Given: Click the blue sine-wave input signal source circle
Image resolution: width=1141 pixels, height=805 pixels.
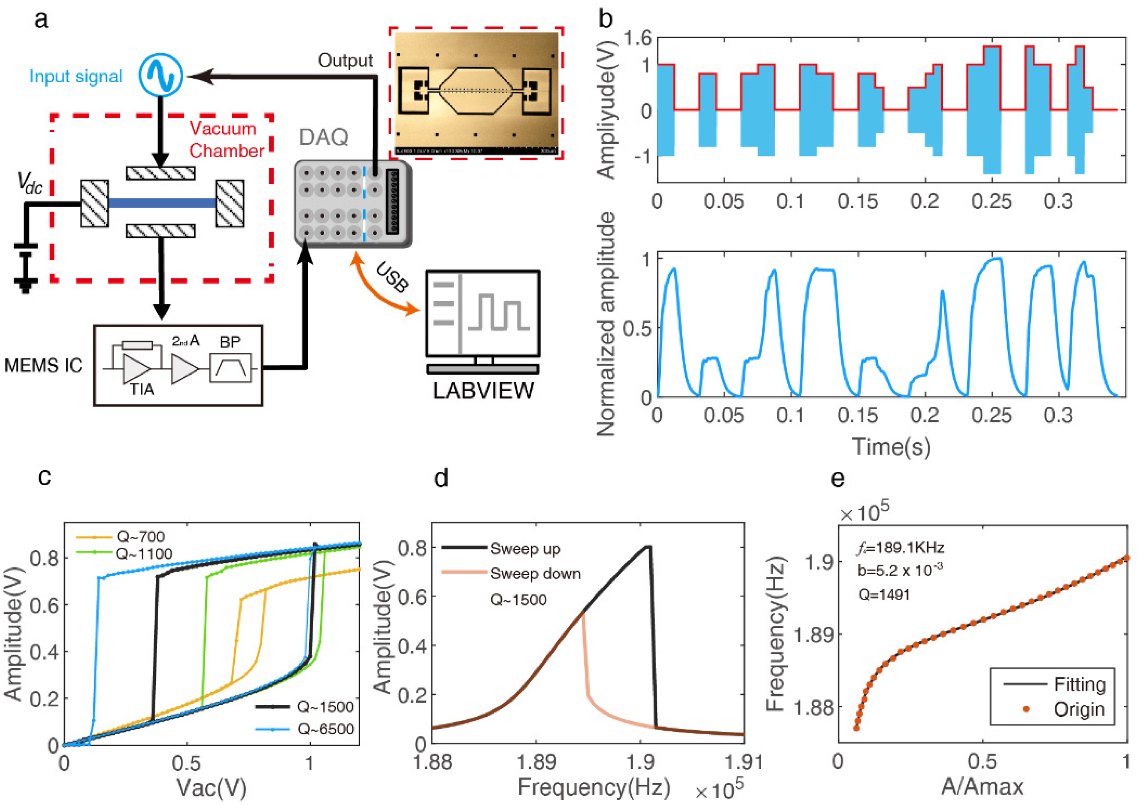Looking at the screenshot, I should [x=161, y=75].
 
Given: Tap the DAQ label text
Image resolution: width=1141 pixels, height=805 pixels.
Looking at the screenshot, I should [x=324, y=137].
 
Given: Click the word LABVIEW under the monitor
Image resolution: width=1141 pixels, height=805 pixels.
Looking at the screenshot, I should [x=483, y=391].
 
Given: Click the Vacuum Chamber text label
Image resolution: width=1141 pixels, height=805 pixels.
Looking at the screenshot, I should [x=226, y=139].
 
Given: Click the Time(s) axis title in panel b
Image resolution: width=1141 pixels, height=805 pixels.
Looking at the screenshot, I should [x=891, y=446].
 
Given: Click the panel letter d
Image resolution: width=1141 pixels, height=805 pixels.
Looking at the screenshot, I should [x=441, y=478].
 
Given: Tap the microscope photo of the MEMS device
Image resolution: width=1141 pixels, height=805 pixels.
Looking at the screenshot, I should [x=476, y=93].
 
